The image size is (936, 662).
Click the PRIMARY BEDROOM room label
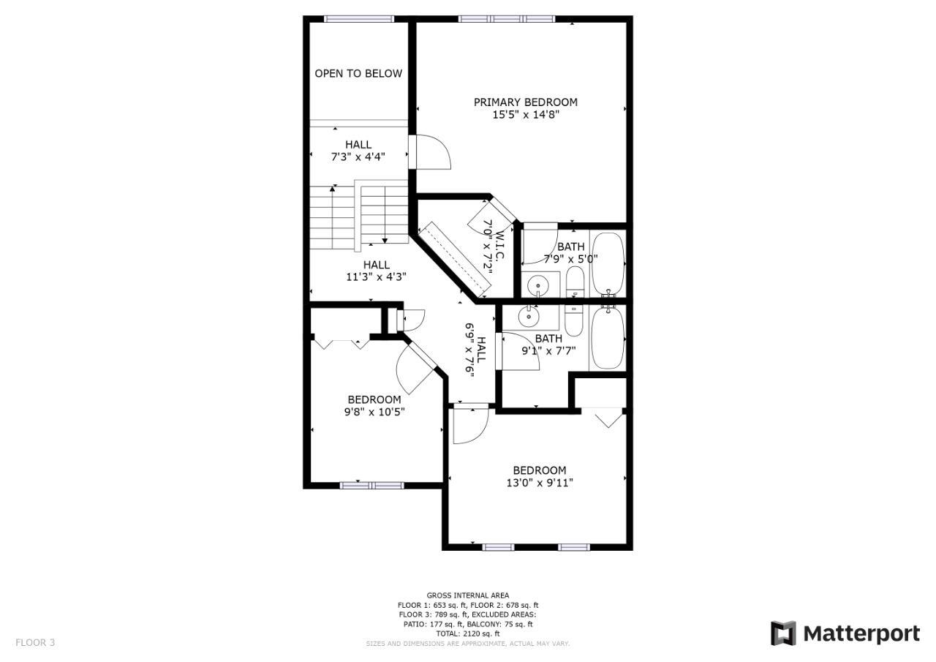coord(526,102)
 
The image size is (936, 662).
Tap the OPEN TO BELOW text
coord(358,74)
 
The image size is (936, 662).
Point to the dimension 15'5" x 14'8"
coord(526,115)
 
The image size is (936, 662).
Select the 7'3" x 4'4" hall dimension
coord(358,157)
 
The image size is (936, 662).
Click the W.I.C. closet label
coord(499,244)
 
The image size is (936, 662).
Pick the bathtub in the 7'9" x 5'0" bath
coord(608,264)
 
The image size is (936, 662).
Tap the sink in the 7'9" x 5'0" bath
coord(538,286)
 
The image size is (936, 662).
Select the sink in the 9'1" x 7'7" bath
coord(529,317)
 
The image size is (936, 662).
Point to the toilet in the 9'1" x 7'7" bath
coord(574,320)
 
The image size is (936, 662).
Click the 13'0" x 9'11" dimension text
coord(540,483)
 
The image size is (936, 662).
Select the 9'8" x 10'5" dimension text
coord(374,412)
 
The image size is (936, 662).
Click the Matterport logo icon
coord(784,633)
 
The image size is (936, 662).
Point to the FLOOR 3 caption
coord(35,642)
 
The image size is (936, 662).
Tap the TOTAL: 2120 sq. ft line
coord(468,633)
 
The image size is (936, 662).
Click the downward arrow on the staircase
coord(385,215)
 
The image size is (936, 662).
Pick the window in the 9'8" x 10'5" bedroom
coord(372,485)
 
